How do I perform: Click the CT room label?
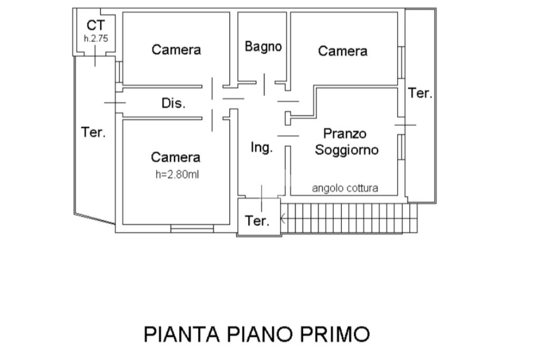(x=96, y=25)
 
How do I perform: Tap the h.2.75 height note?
(x=96, y=38)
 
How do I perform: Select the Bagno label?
(x=263, y=46)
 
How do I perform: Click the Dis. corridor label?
(x=173, y=103)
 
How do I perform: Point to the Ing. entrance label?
(x=262, y=147)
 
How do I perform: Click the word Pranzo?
(x=345, y=133)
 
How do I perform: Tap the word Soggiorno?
(x=347, y=150)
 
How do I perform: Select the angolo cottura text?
(x=345, y=188)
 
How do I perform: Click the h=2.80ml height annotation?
(x=177, y=174)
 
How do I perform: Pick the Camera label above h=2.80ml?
(x=176, y=157)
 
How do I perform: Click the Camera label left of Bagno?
(x=176, y=50)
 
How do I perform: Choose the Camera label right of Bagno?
(x=343, y=51)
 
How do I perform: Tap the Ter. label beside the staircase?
(x=257, y=221)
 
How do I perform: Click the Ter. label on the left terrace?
(x=93, y=132)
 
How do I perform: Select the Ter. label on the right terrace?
(x=420, y=93)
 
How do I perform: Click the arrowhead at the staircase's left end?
(x=283, y=218)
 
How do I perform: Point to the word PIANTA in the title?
(x=181, y=334)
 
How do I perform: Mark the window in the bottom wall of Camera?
(x=192, y=229)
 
